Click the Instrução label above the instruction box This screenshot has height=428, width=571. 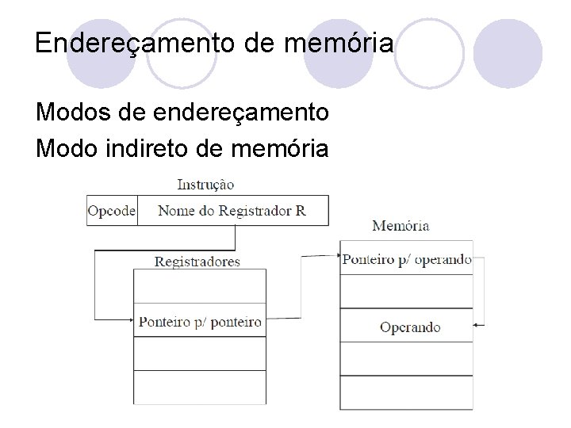pos(205,184)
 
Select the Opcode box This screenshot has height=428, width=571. pos(112,211)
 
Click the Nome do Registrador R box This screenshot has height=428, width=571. pos(232,211)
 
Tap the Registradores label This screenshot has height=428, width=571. pos(197,261)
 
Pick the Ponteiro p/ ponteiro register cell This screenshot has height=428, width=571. pos(200,321)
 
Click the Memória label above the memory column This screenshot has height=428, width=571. pos(400,226)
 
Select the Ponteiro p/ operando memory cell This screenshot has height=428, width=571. pos(406,259)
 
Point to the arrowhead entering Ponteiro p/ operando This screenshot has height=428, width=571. pos(336,256)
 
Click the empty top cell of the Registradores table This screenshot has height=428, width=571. pos(200,286)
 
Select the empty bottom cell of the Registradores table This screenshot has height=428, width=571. pos(200,387)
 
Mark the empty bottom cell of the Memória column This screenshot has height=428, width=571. pos(406,395)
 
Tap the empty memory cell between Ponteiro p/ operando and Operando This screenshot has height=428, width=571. pos(406,292)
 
